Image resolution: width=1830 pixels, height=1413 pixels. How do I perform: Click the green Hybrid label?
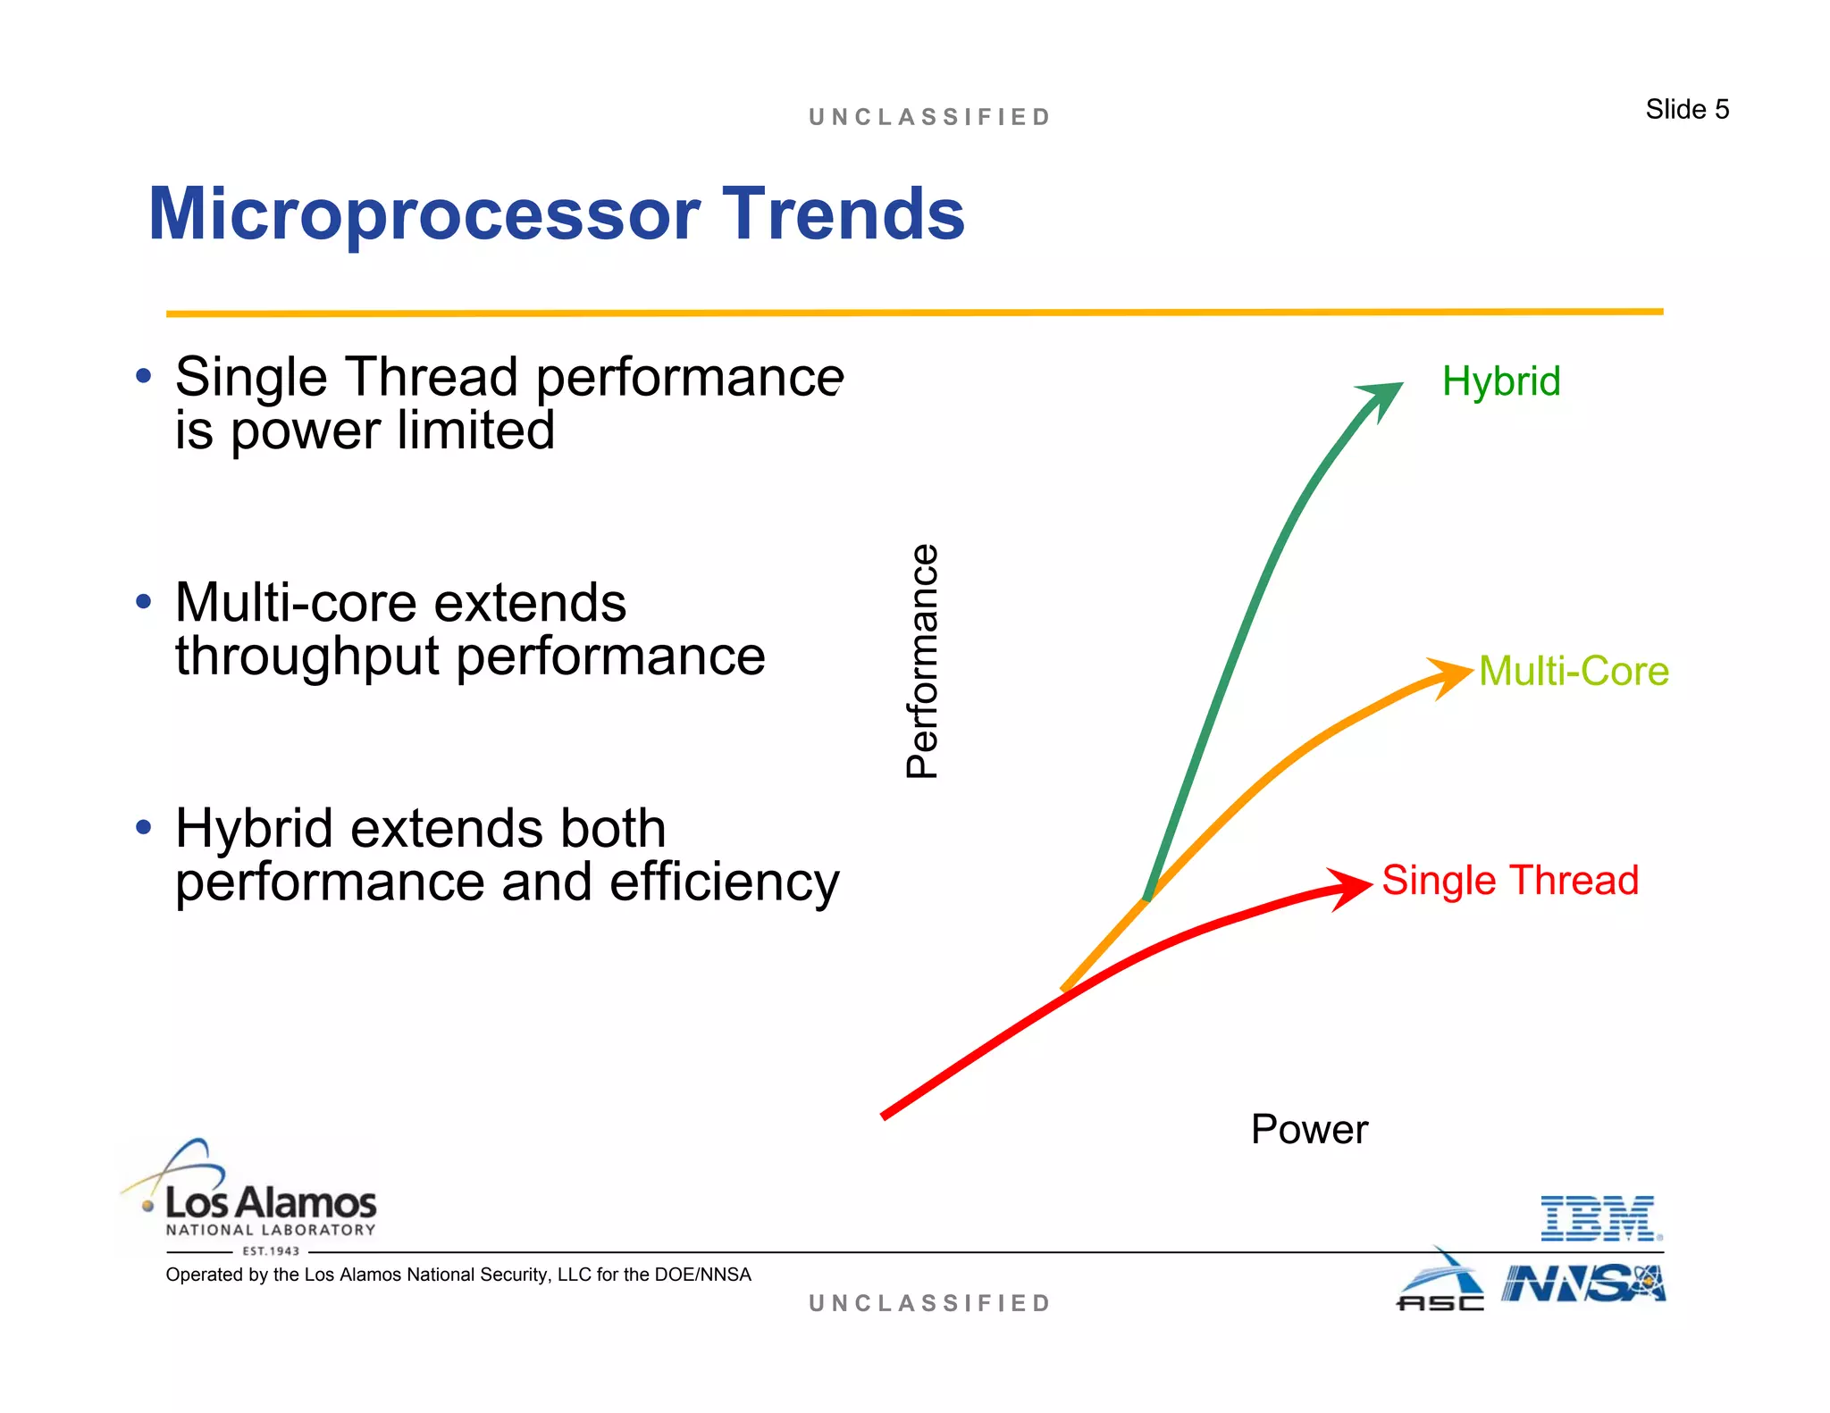1500,381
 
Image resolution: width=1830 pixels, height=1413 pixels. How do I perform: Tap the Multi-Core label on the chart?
1574,671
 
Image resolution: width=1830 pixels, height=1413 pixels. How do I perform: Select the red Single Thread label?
1510,880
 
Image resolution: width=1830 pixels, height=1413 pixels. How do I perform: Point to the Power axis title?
1308,1129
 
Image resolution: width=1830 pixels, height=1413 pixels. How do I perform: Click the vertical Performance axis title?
922,661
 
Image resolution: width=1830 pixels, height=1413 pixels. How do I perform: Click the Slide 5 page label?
1686,109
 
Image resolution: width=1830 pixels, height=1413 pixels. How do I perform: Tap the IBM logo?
1600,1219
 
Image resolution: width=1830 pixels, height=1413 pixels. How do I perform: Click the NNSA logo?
1582,1284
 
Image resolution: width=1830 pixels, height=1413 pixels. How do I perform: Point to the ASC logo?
1440,1286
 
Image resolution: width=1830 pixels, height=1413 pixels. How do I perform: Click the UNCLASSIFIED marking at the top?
929,117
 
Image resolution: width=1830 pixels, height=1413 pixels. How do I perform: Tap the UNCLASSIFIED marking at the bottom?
929,1303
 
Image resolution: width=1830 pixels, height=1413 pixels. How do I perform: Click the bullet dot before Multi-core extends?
144,601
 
